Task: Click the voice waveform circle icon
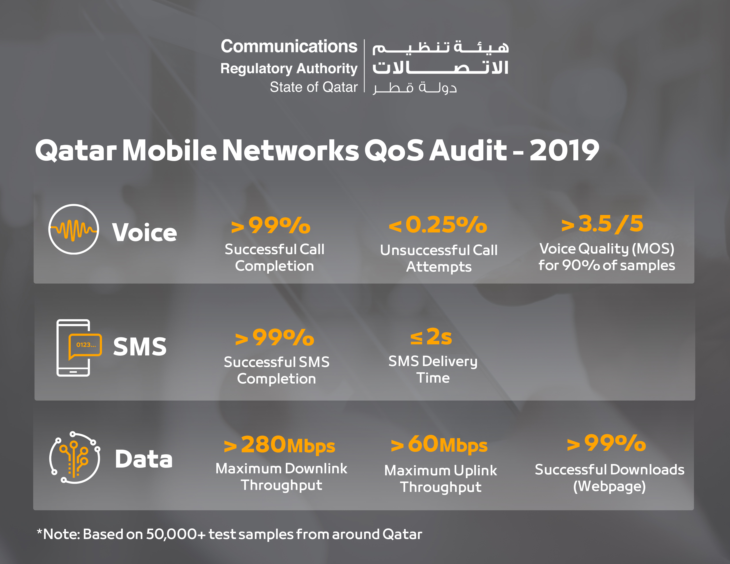tap(73, 229)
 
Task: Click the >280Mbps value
tap(279, 445)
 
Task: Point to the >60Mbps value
tap(439, 444)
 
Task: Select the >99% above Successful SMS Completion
tap(275, 338)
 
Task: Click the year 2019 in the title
tap(564, 150)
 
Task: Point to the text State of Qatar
tap(313, 87)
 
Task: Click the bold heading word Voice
tap(144, 232)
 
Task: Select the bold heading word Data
tap(144, 459)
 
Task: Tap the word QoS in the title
tap(394, 150)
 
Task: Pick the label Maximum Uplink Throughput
tap(440, 478)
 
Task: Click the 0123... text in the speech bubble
tap(86, 345)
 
